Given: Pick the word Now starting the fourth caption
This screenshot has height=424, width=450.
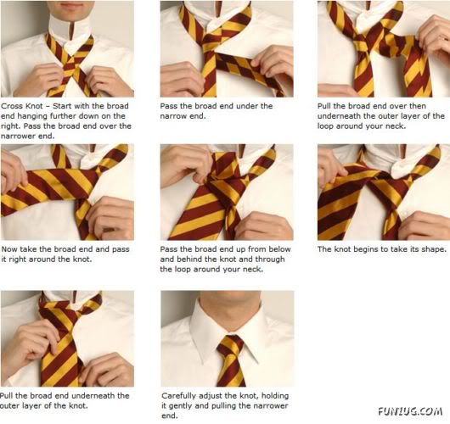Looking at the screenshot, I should pos(11,250).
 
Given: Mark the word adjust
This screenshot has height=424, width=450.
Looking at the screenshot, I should pos(211,395).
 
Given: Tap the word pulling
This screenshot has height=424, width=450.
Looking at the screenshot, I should pos(227,405).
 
